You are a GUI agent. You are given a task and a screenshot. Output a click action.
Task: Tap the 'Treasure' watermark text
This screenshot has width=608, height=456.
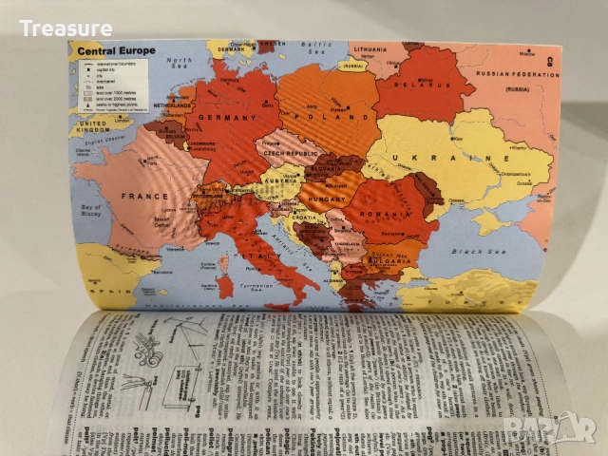click(66, 28)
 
